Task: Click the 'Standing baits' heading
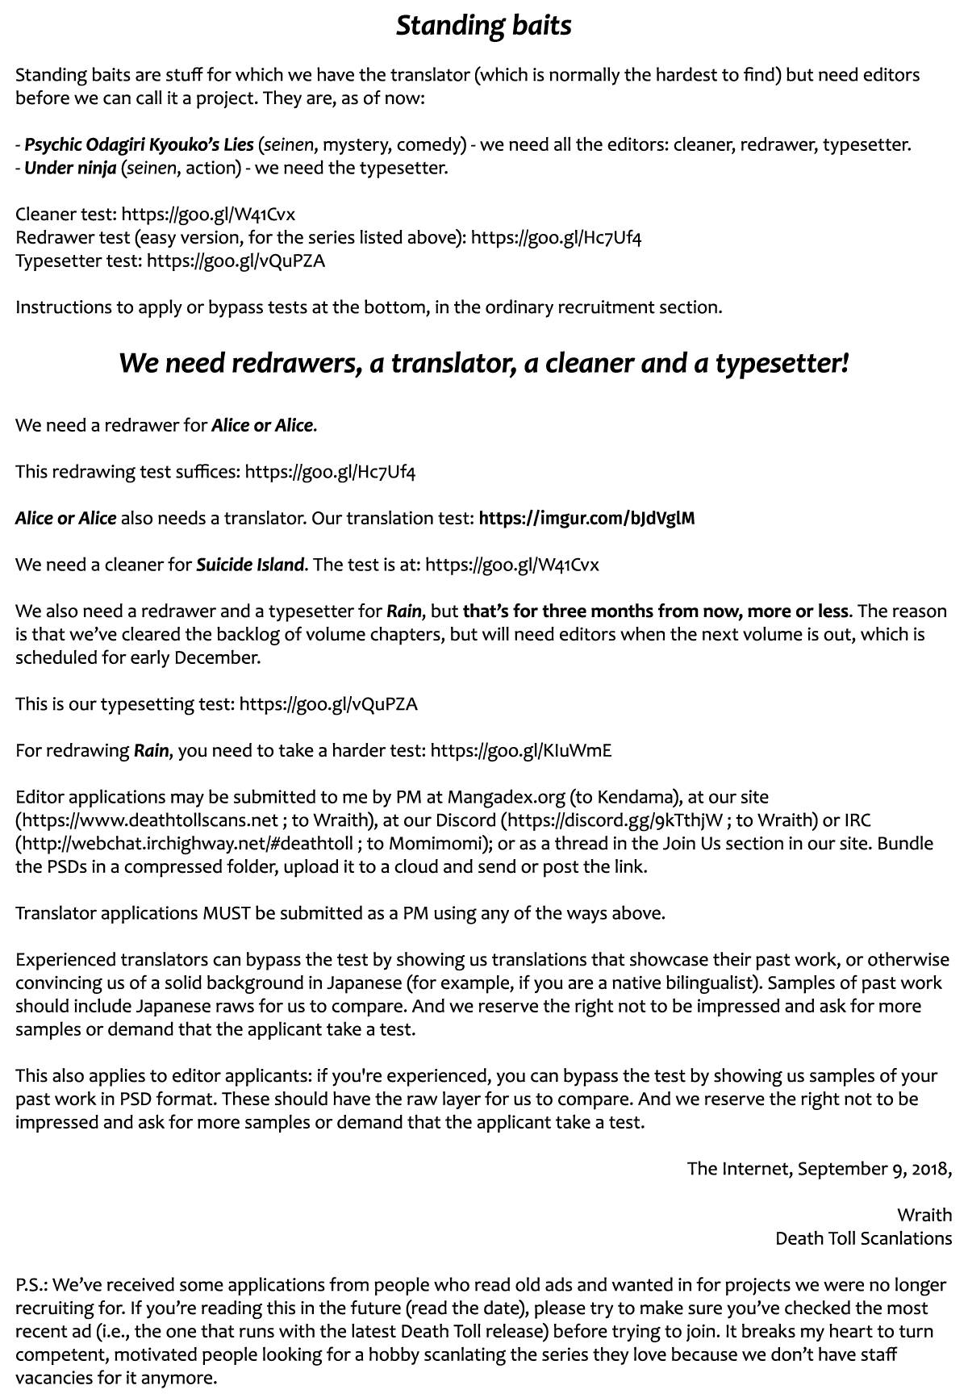(x=483, y=26)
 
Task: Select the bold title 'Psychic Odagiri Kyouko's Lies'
(x=139, y=145)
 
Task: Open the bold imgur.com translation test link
(x=586, y=519)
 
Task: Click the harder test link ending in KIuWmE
(x=521, y=751)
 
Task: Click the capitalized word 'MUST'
(x=227, y=913)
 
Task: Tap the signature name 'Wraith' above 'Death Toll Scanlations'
(x=924, y=1215)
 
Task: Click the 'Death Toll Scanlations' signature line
(x=863, y=1238)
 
